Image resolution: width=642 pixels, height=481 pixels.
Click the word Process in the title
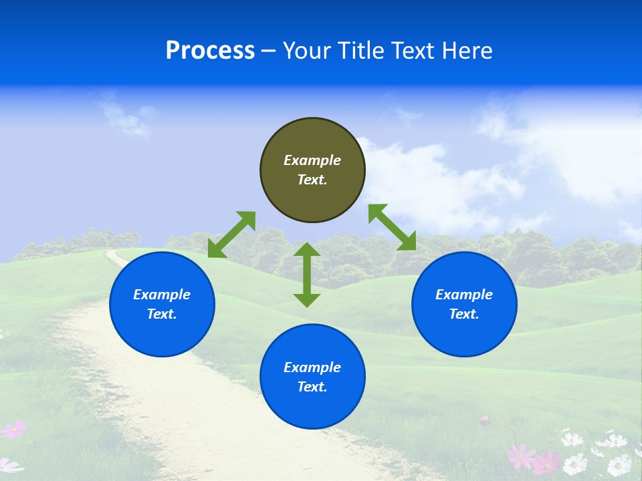coord(210,51)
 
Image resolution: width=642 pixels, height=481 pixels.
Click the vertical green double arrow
coord(307,275)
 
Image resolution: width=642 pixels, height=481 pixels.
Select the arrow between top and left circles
coord(231,234)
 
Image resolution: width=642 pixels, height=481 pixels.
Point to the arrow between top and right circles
coord(393,227)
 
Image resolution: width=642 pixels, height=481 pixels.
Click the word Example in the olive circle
coord(312,160)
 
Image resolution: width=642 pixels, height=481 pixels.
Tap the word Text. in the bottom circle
coord(312,387)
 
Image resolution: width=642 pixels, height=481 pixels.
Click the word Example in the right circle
coord(464,295)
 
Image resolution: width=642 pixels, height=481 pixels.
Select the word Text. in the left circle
coord(162,314)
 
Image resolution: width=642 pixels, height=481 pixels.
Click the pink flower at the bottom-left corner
coord(13,429)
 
